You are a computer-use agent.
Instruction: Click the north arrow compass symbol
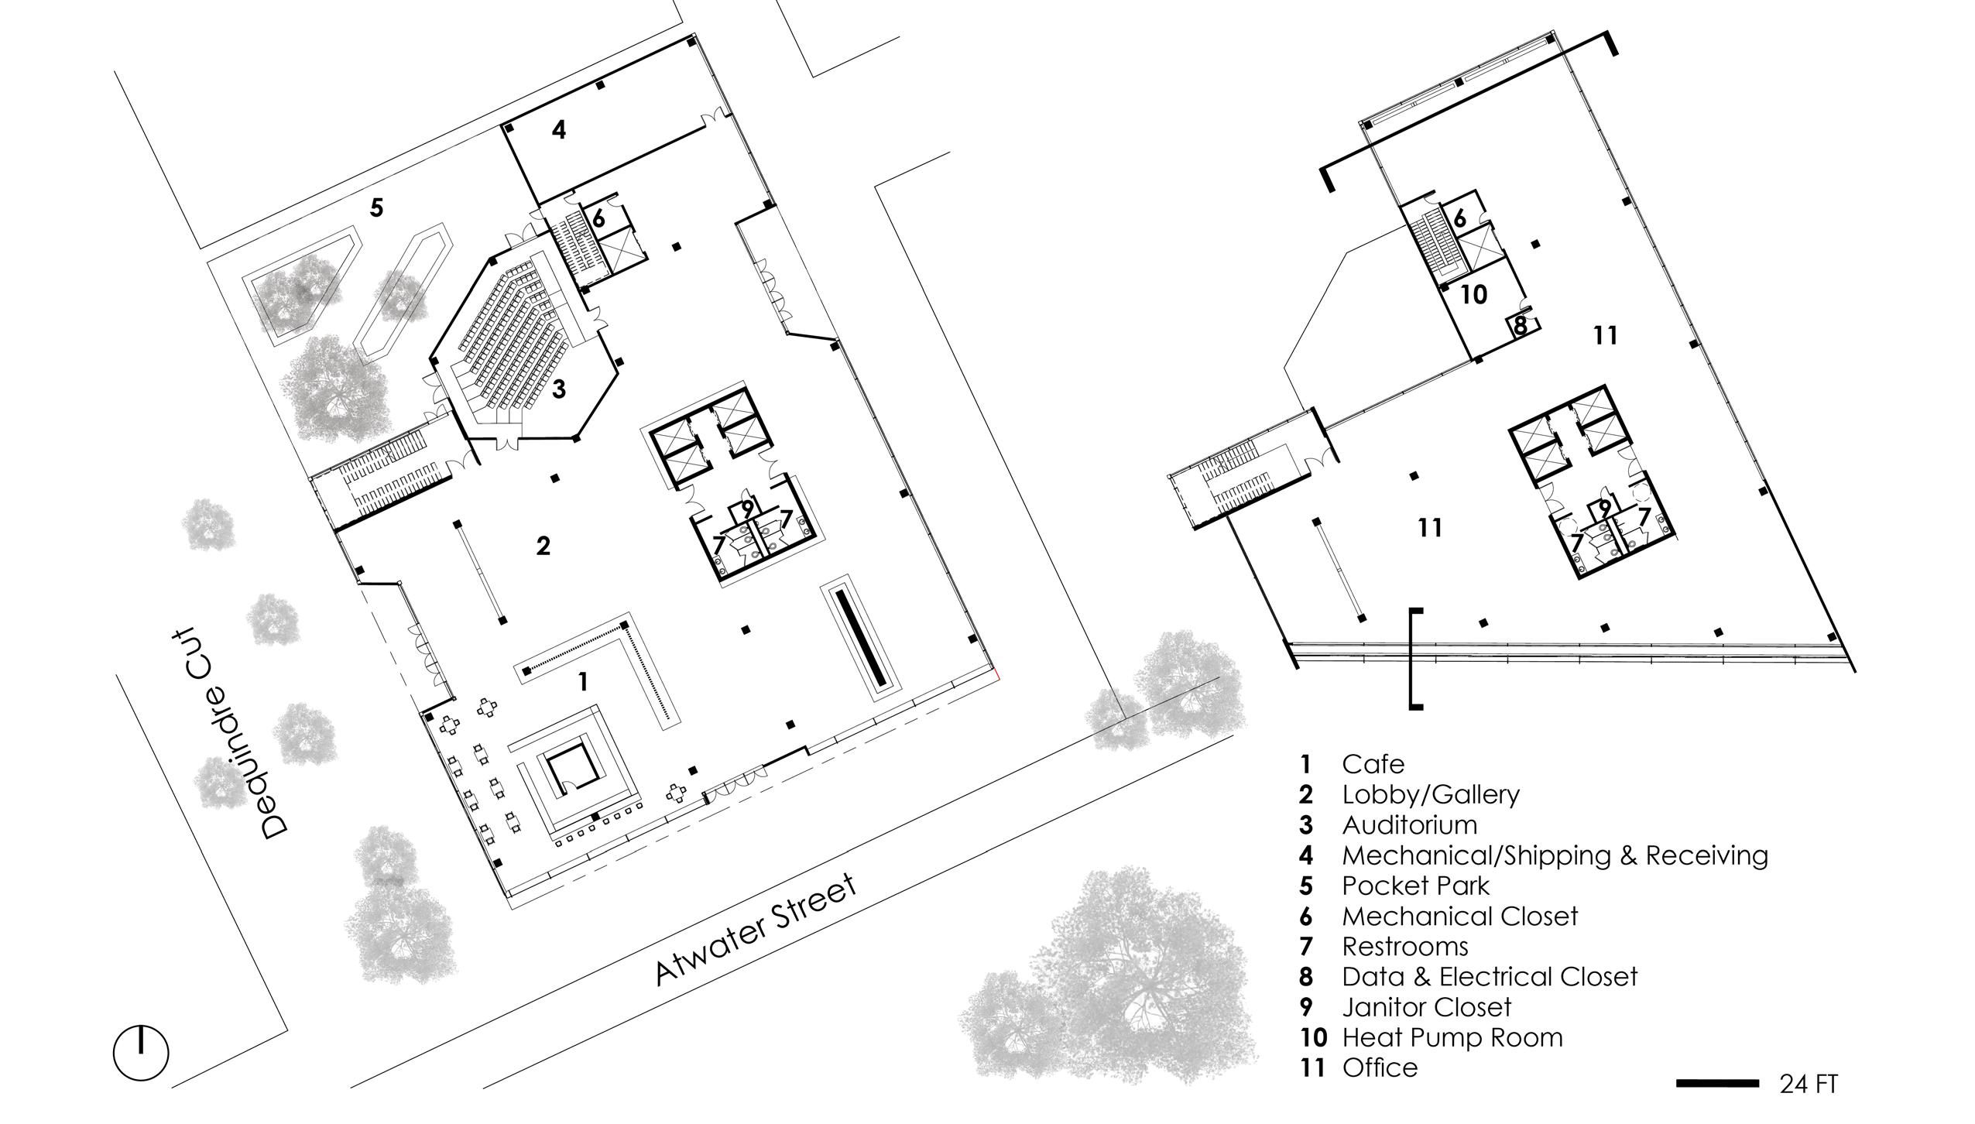[141, 1053]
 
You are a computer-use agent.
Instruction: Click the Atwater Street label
[756, 930]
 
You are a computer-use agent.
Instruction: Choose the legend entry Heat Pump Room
[1452, 1037]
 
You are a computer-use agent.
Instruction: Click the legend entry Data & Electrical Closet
[1489, 977]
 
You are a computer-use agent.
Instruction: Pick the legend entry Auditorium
[1409, 825]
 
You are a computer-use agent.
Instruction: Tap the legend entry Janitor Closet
[1426, 1007]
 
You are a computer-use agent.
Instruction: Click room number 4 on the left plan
[559, 129]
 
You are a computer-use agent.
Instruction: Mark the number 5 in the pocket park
[376, 207]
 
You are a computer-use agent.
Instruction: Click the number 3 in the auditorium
[558, 389]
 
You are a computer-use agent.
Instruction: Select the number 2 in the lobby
[543, 546]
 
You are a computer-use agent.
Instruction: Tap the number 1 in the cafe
[583, 681]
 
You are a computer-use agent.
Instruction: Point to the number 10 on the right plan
[1474, 295]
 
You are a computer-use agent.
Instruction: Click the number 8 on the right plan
[1520, 325]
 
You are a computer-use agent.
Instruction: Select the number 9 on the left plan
[746, 509]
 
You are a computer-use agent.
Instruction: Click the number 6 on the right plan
[1459, 218]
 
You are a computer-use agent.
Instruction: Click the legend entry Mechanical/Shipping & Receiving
[1555, 855]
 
